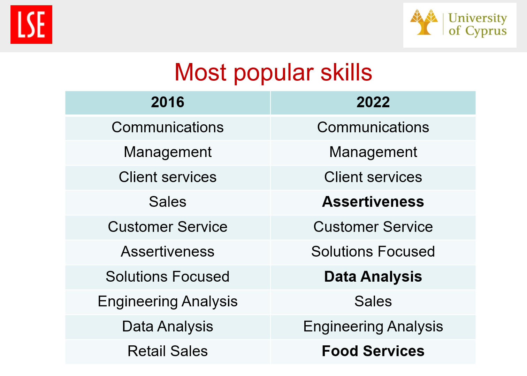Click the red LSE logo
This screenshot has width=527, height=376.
click(x=31, y=24)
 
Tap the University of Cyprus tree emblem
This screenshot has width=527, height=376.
click(x=424, y=22)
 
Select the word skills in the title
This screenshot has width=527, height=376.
click(x=346, y=72)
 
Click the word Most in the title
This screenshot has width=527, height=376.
click(x=200, y=72)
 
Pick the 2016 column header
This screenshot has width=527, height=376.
click(x=168, y=102)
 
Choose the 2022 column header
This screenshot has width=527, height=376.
click(x=373, y=102)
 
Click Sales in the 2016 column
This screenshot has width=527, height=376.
click(x=168, y=202)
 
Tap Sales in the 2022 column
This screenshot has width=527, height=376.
click(x=373, y=301)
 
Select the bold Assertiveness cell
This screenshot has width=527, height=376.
click(x=373, y=202)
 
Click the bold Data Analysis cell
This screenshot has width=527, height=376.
click(x=373, y=276)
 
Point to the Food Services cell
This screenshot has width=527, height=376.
click(x=373, y=351)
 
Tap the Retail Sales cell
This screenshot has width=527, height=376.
click(x=168, y=351)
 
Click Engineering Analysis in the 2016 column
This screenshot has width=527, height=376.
click(x=168, y=301)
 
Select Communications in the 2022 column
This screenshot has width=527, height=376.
click(x=373, y=127)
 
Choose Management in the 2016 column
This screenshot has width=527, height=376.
click(x=168, y=152)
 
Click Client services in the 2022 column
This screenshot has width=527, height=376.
click(x=373, y=177)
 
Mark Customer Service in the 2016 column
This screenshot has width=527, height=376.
click(x=168, y=227)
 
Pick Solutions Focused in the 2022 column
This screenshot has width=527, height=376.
click(x=373, y=251)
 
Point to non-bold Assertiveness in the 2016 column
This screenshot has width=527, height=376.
click(x=168, y=251)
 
